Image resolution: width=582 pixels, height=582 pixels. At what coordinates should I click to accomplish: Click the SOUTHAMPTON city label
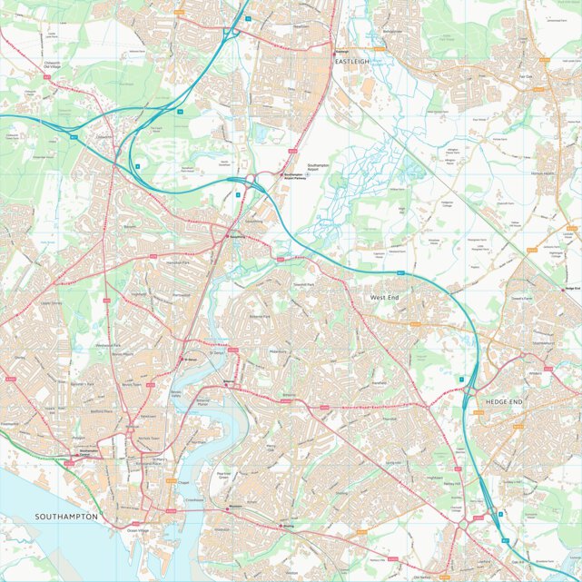coord(66,516)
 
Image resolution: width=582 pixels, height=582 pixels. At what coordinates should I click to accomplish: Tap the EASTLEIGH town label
coord(353,61)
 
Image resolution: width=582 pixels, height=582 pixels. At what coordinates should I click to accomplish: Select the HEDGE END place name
coord(505,400)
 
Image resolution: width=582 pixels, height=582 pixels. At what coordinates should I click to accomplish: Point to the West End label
coord(384,297)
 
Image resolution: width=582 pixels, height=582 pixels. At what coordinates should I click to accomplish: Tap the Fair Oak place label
coord(525,76)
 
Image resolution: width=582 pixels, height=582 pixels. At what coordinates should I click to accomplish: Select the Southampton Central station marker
coord(88,451)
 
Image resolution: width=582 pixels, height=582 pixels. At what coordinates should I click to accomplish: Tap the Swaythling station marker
coord(228,236)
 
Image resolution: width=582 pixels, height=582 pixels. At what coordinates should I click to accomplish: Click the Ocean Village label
coord(137,530)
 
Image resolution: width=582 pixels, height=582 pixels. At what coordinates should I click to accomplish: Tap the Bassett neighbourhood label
coord(129,227)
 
